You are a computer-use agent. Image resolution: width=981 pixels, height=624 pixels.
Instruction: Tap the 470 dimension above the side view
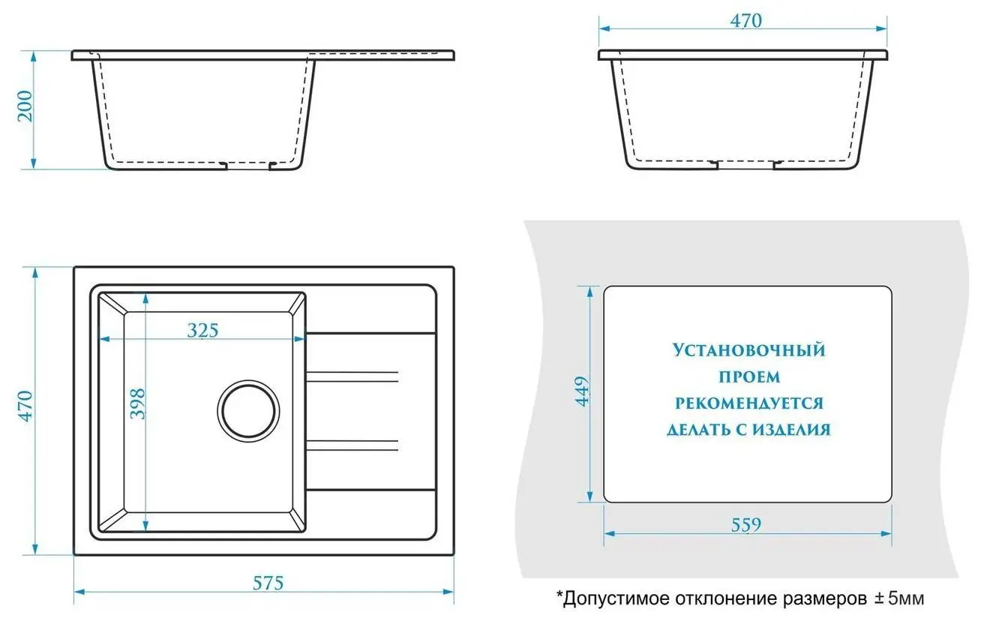745,21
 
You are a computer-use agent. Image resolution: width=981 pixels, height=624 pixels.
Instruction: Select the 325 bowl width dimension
202,330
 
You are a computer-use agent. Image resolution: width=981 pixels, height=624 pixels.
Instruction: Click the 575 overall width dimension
268,583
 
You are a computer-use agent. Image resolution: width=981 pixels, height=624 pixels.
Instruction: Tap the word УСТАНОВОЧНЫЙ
748,350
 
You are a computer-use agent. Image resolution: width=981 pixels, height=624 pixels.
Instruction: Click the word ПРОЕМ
748,376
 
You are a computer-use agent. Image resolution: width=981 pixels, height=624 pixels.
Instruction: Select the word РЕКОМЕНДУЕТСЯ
748,403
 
